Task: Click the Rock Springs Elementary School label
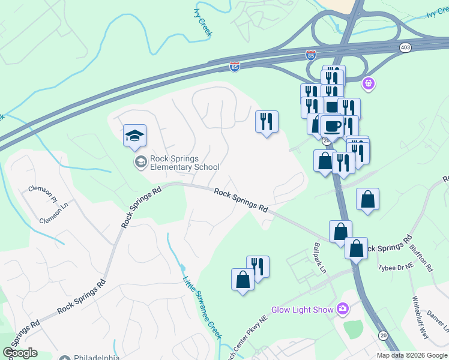(184, 163)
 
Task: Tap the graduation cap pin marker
(135, 136)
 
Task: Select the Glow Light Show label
(303, 310)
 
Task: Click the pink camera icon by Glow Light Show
(343, 309)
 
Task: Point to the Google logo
(20, 353)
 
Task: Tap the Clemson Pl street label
(42, 194)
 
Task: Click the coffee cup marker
(332, 126)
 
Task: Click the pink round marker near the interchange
(369, 83)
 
